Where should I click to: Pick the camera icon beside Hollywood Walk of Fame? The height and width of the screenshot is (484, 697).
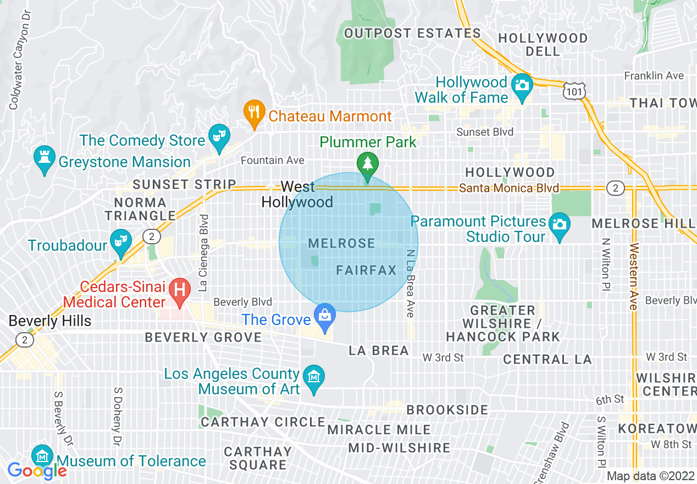[x=522, y=85]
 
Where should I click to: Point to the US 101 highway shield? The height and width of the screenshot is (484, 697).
[x=574, y=91]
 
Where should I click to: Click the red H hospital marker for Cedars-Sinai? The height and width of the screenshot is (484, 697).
[x=179, y=290]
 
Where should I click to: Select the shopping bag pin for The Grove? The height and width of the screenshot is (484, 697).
[x=325, y=317]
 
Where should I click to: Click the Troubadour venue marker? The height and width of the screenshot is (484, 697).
[x=119, y=241]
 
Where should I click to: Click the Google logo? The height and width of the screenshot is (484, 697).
[x=37, y=470]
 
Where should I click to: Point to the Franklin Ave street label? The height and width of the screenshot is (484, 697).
[x=654, y=76]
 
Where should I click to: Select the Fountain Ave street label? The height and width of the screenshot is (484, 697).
[x=273, y=161]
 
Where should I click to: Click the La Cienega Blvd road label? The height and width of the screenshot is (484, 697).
[x=204, y=252]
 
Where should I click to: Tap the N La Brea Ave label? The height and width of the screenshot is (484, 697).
[x=410, y=283]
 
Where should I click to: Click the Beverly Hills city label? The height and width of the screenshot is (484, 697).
[x=50, y=321]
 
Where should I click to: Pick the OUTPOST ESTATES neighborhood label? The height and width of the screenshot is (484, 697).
[x=412, y=34]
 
